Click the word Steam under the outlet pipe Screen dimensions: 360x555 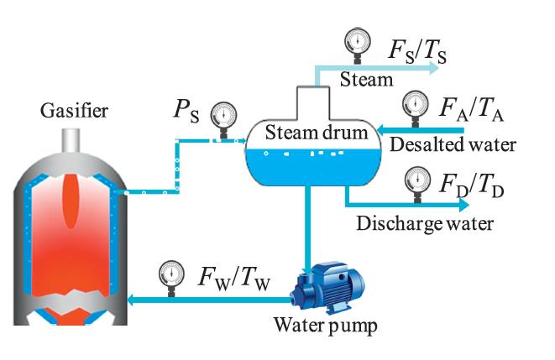click(367, 80)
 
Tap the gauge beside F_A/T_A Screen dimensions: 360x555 click(415, 105)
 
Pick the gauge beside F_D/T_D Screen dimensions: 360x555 click(415, 180)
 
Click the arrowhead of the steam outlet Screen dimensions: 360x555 click(432, 68)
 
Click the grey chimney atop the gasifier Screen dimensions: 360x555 click(69, 138)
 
